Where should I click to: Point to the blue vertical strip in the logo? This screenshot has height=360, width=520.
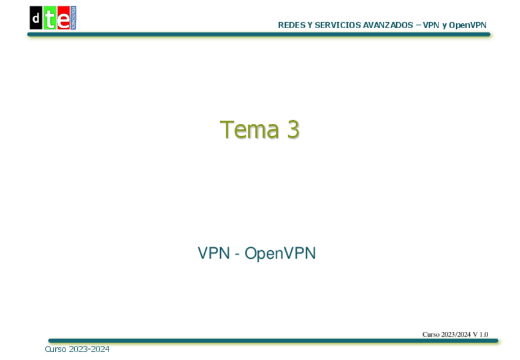(73, 18)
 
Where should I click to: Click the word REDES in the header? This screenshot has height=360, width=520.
(289, 25)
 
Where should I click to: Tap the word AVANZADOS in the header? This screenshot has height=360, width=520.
(384, 25)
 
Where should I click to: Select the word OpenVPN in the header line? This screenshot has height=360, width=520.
(468, 25)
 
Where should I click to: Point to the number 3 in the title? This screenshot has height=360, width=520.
(292, 129)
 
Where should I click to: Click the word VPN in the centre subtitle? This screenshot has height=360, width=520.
(213, 253)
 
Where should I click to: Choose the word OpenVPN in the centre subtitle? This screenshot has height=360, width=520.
(280, 253)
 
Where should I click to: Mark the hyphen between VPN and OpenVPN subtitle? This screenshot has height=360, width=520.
(237, 254)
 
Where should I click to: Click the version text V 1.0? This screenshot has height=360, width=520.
(480, 334)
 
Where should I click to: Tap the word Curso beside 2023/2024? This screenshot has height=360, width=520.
(431, 334)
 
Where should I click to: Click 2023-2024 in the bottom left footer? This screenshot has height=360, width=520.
(90, 349)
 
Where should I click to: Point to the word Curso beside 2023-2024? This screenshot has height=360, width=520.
(56, 349)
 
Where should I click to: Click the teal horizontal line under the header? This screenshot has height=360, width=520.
(258, 35)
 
